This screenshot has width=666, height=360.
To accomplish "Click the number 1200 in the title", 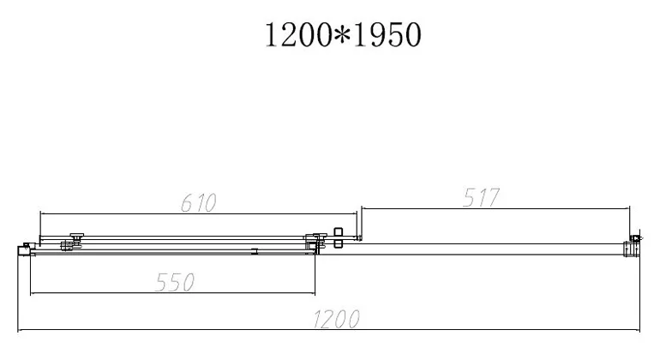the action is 297,35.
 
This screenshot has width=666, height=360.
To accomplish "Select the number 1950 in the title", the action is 387,35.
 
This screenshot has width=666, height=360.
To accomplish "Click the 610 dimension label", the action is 198,203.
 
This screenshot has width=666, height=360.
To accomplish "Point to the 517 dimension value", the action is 481,197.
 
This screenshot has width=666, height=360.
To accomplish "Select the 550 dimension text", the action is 175,282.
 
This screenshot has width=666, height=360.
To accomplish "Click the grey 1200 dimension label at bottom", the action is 336,319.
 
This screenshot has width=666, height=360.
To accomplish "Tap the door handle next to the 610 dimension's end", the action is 338,237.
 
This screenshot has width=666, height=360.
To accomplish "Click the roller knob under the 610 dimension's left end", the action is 77,236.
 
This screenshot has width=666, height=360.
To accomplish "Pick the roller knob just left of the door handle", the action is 320,236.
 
